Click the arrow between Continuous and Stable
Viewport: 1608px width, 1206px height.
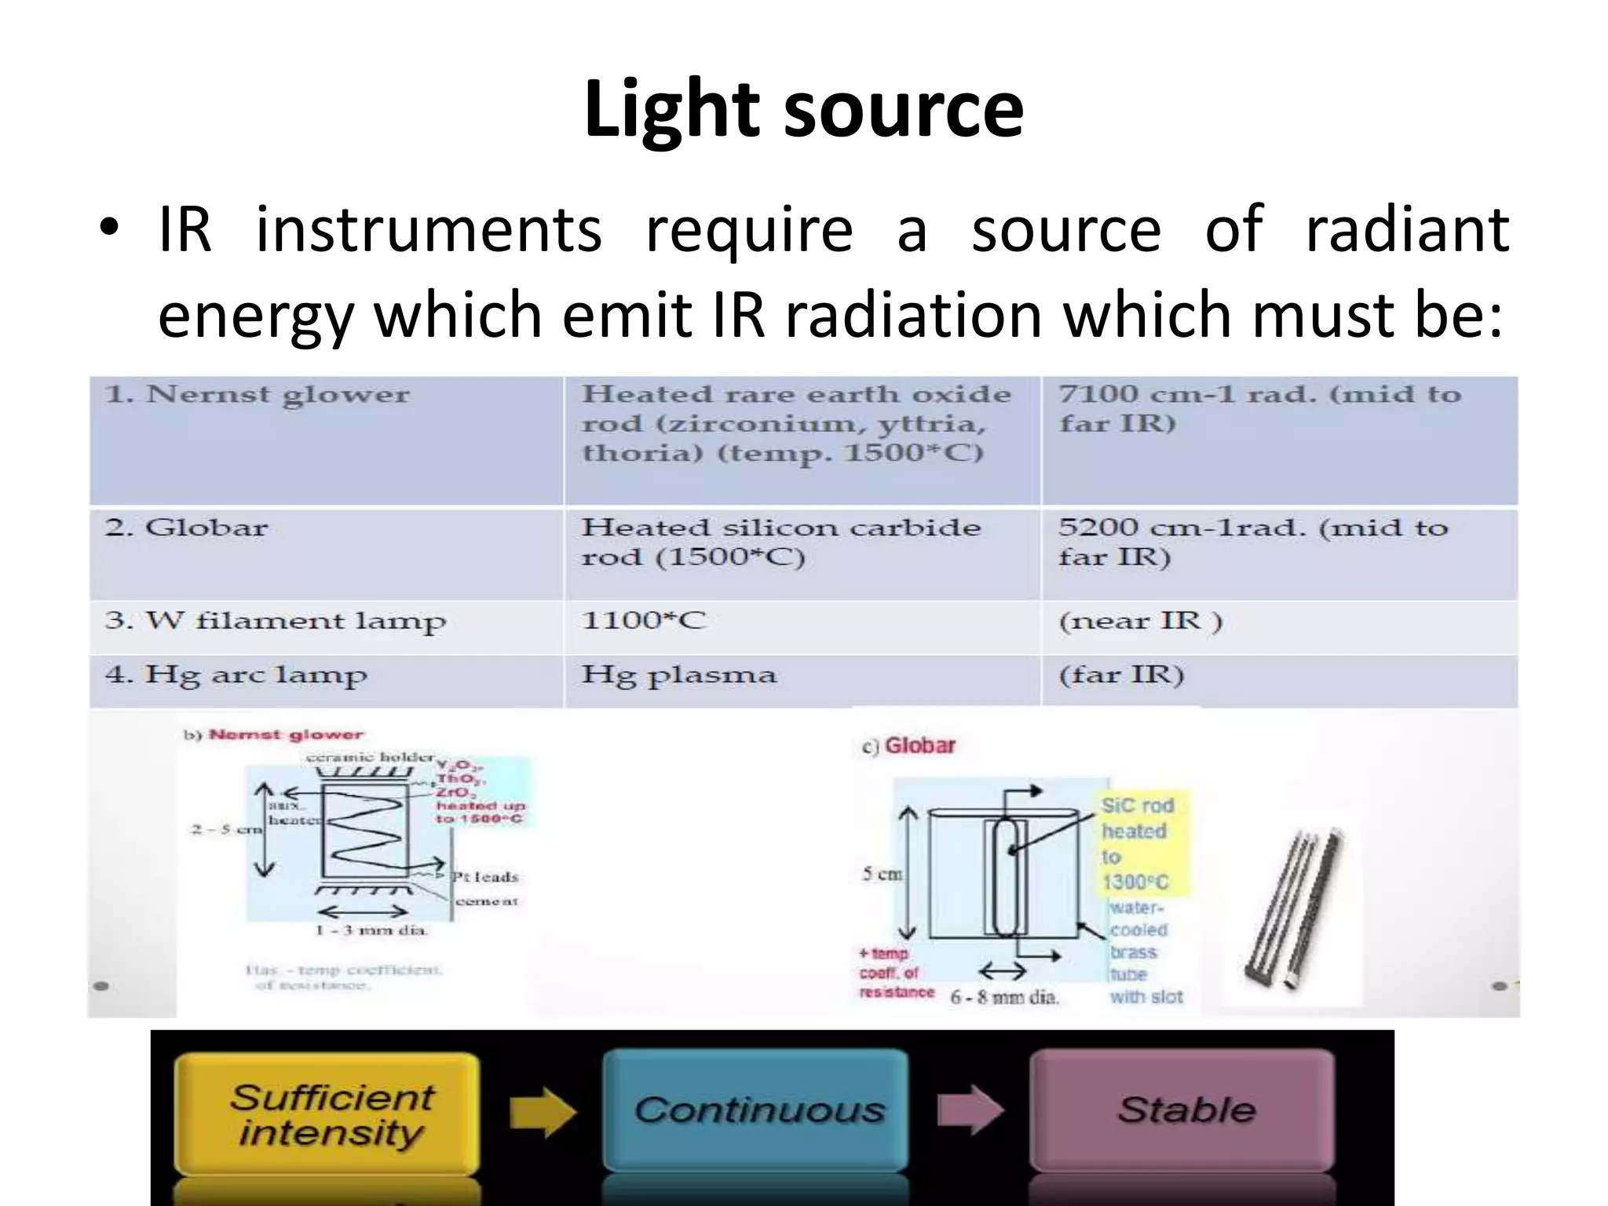[970, 1110]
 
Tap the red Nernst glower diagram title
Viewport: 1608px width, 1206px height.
[286, 735]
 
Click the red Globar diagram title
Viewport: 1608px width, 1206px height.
[919, 746]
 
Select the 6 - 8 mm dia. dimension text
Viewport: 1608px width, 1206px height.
[1004, 998]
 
